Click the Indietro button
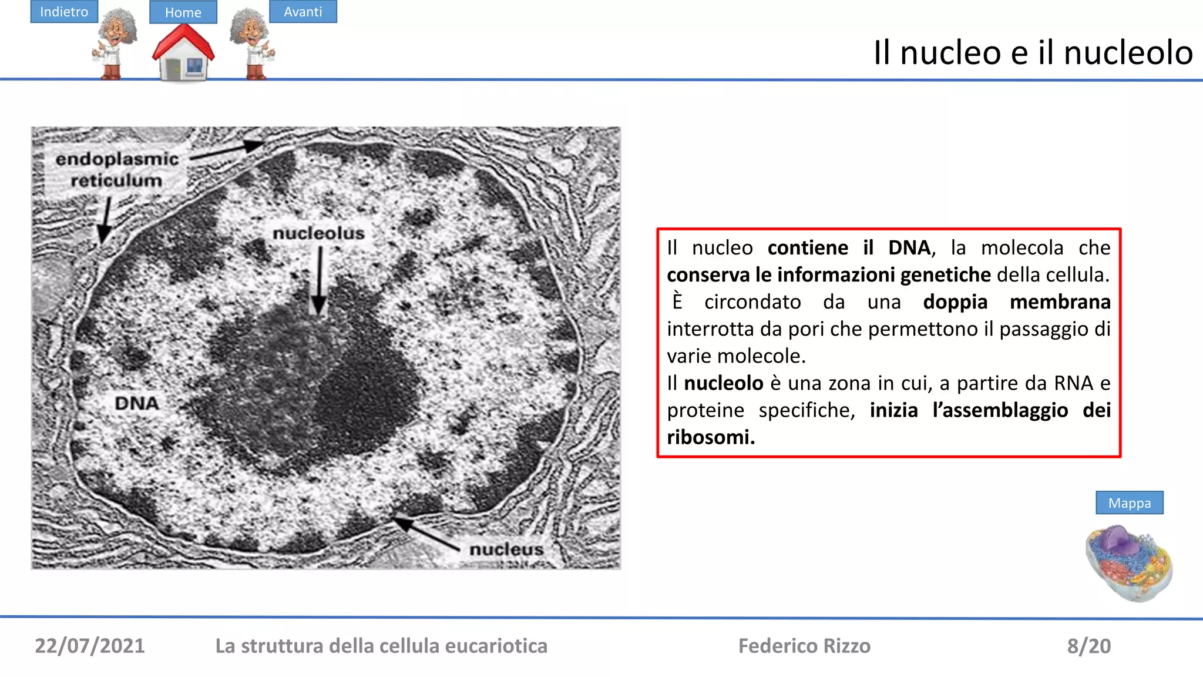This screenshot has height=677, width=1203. click(64, 12)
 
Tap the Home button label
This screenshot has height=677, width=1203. click(183, 12)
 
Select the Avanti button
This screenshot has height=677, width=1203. click(303, 12)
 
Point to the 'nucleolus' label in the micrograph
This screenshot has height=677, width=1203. click(318, 233)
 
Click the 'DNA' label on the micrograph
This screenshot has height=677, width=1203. click(137, 403)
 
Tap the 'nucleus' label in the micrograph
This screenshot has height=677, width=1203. click(506, 549)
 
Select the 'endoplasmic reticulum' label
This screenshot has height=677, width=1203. click(116, 169)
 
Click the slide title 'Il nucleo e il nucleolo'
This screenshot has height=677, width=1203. click(1033, 52)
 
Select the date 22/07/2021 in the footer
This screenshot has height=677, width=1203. click(90, 646)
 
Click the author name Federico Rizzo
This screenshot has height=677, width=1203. click(804, 646)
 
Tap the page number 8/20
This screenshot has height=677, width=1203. click(1088, 646)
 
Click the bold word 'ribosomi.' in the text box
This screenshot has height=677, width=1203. click(711, 437)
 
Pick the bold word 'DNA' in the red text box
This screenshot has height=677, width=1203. click(909, 248)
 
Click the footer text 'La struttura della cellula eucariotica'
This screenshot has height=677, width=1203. click(381, 646)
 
